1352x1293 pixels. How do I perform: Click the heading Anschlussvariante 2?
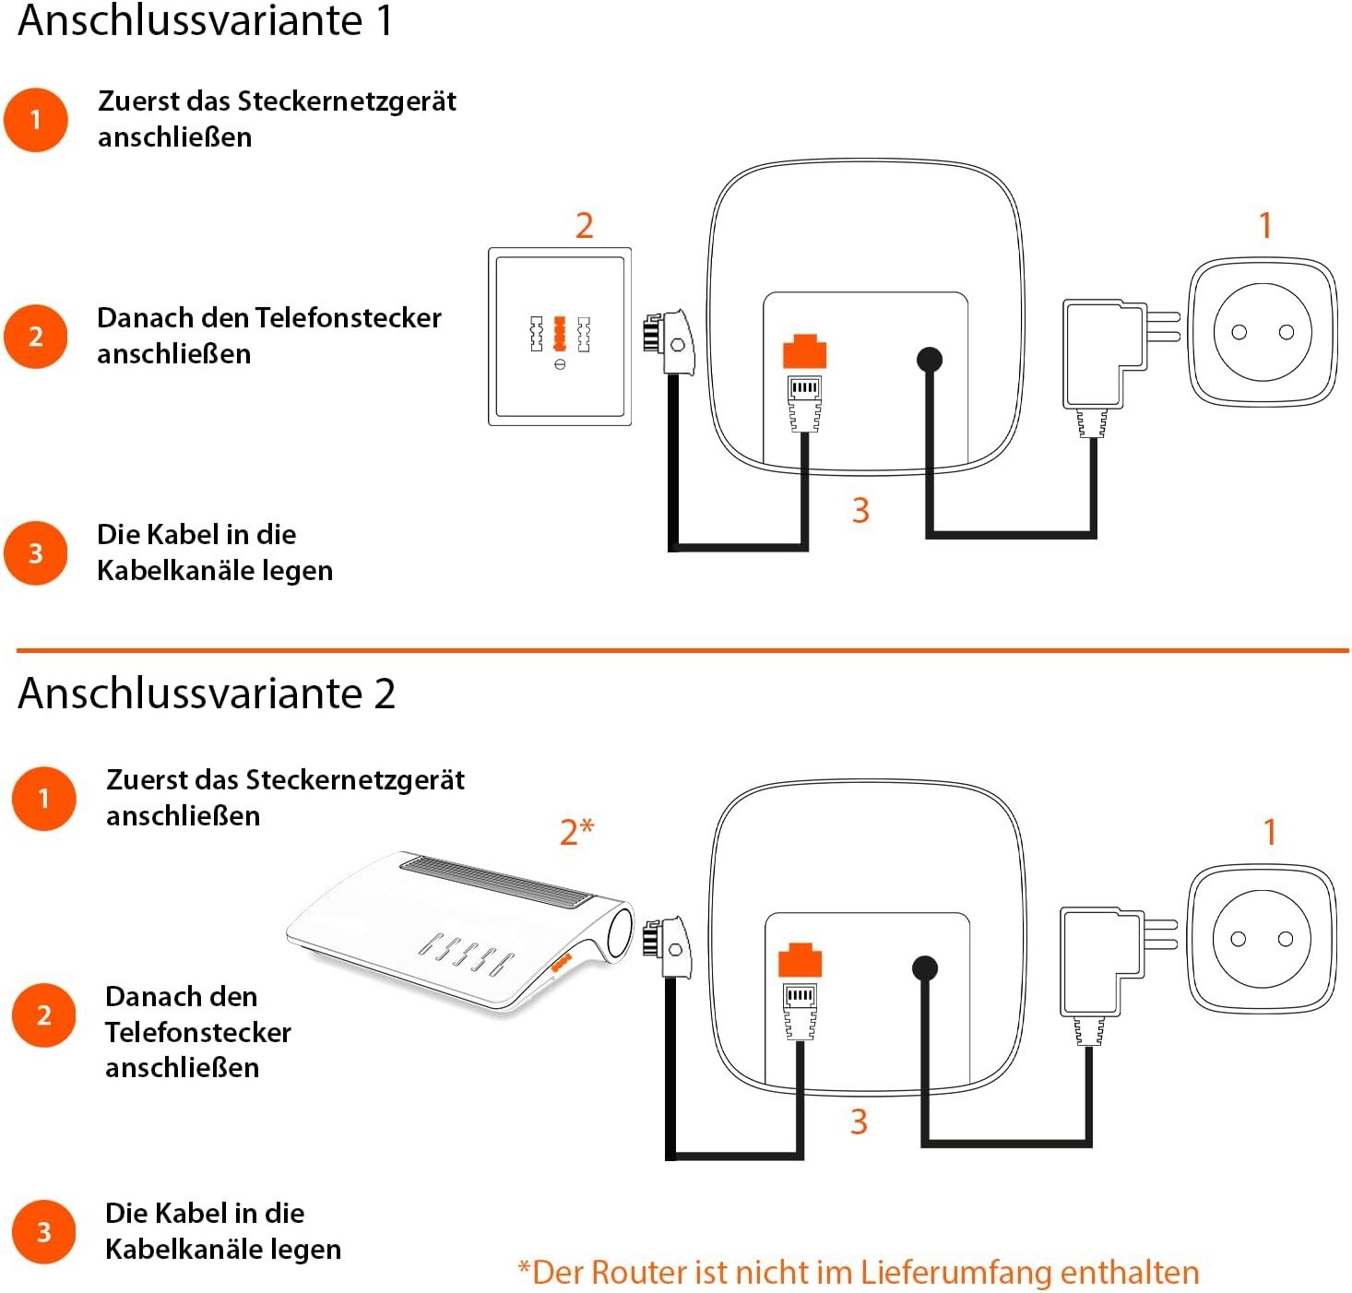point(207,694)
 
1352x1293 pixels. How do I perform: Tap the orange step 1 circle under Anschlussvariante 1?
point(36,120)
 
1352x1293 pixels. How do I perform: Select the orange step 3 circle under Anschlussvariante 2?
point(43,1232)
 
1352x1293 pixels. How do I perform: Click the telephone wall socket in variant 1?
point(560,337)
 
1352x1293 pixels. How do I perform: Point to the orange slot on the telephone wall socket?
point(559,334)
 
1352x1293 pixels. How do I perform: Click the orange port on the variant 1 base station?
point(804,352)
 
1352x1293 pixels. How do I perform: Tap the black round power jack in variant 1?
point(930,359)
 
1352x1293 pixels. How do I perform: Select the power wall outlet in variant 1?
point(1263,333)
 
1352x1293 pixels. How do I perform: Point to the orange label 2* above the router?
point(576,832)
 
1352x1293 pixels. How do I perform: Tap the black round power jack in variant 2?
point(925,968)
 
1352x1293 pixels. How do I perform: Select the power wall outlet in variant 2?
point(1262,940)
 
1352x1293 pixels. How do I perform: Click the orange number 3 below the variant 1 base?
point(860,510)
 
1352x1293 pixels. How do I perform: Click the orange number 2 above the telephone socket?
point(584,226)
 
